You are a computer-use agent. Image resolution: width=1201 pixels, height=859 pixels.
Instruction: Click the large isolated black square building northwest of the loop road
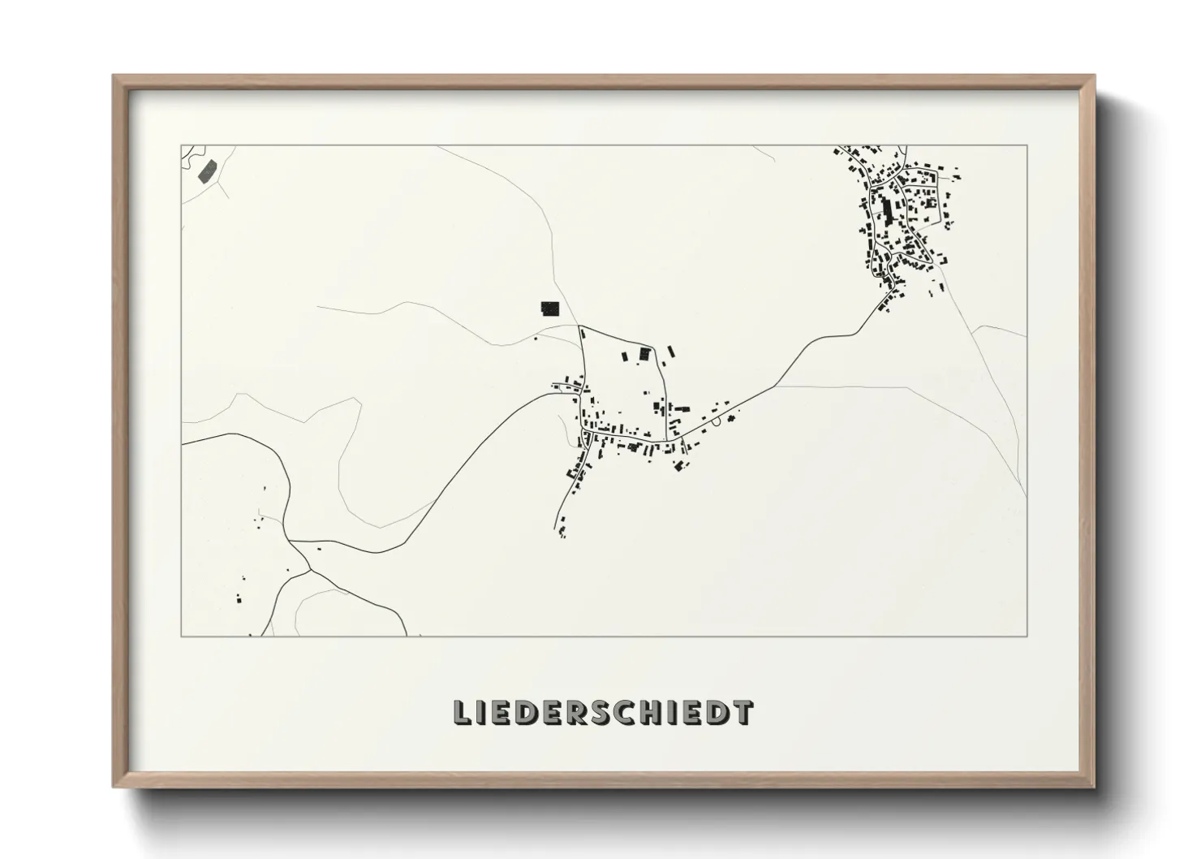coord(550,308)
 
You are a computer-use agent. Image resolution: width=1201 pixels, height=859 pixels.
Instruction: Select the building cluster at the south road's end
coord(562,532)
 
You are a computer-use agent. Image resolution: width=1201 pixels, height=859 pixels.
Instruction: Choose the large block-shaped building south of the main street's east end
coord(679,465)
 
